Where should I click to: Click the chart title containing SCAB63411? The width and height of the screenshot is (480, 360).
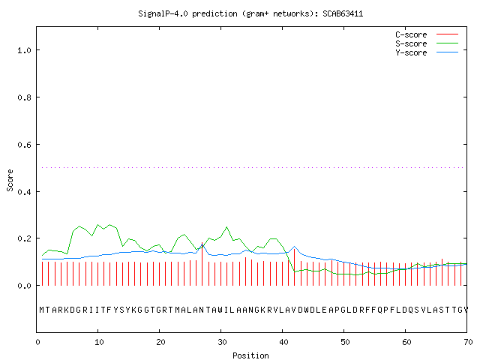tap(250, 13)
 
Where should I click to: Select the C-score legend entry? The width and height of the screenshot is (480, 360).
tap(427, 34)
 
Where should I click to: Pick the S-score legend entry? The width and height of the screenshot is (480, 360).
tap(427, 43)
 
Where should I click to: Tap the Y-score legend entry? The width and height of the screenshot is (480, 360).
tap(427, 52)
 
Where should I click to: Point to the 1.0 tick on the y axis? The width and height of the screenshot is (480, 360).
tap(25, 50)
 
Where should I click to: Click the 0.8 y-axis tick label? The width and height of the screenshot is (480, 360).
tap(25, 97)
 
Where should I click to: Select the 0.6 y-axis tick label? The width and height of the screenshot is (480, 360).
tap(25, 145)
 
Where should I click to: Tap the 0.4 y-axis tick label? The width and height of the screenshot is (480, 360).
tap(25, 192)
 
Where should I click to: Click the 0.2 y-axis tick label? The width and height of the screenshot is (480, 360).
tap(25, 238)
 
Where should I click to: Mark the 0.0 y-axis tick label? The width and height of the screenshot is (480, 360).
tap(25, 286)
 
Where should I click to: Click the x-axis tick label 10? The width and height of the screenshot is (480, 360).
tap(99, 342)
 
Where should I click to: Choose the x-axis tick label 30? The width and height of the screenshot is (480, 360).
tap(222, 342)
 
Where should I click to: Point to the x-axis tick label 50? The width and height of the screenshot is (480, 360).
tap(345, 342)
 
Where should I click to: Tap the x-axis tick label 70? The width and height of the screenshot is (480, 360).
tap(468, 342)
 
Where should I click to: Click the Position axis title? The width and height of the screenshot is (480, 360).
tap(250, 355)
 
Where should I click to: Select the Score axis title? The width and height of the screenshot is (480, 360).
tap(10, 181)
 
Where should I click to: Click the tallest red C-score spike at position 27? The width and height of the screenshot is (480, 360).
tap(202, 264)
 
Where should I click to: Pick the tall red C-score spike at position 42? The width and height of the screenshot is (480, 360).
tap(294, 267)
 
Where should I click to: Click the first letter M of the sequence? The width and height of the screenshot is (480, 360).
tap(42, 310)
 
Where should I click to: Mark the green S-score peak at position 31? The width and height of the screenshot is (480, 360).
tap(226, 227)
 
